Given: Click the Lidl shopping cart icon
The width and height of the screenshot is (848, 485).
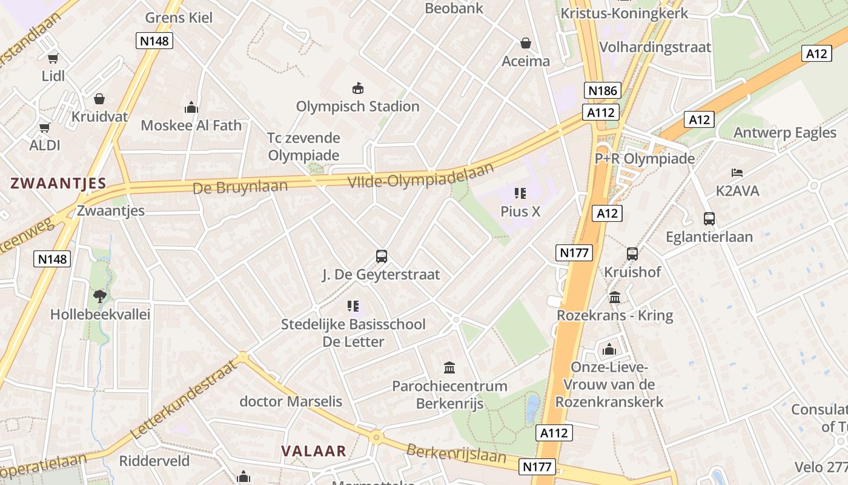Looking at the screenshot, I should click(x=53, y=58).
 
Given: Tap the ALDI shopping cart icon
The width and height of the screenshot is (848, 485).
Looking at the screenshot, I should click(x=44, y=127).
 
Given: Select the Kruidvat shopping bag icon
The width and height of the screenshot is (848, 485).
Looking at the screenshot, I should click(x=99, y=98).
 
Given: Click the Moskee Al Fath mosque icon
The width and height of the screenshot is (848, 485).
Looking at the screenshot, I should click(x=191, y=108).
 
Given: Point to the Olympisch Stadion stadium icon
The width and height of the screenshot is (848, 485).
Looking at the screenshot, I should click(x=357, y=89).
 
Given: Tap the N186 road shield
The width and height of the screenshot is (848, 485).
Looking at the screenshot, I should click(x=603, y=91).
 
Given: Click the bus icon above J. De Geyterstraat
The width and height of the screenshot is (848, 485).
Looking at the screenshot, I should click(x=381, y=256).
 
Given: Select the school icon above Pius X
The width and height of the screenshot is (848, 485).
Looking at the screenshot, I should click(x=520, y=193).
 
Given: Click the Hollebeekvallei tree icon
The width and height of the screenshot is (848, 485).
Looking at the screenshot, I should click(x=99, y=296).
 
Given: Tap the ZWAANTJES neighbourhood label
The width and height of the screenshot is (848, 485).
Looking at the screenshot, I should click(x=58, y=183).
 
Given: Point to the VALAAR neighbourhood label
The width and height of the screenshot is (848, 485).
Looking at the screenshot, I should click(x=314, y=451).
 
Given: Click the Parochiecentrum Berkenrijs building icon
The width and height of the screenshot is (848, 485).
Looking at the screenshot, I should click(x=449, y=367).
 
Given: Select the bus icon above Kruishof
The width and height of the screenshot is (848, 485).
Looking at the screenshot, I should click(x=632, y=254).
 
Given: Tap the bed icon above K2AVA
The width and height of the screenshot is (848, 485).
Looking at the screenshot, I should click(x=737, y=173).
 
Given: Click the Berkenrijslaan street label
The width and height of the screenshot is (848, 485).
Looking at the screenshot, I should click(x=456, y=453).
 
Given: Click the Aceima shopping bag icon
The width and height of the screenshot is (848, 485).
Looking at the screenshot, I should click(x=526, y=44).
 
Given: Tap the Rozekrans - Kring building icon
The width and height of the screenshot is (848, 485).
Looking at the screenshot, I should click(x=615, y=297).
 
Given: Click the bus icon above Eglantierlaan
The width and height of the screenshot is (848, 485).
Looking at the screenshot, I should click(x=709, y=219).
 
